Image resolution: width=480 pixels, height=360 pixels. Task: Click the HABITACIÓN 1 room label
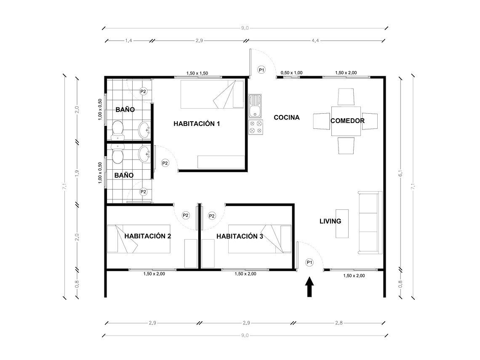(197, 124)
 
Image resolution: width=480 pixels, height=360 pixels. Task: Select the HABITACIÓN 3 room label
(240, 236)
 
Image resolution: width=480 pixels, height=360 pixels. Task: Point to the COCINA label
(287, 117)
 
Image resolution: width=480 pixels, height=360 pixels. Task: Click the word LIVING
(330, 221)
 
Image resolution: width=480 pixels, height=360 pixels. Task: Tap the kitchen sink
(255, 106)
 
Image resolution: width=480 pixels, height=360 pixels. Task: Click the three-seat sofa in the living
(370, 223)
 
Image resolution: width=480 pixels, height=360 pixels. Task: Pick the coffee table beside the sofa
(341, 224)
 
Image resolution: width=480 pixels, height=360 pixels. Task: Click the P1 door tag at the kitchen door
(261, 69)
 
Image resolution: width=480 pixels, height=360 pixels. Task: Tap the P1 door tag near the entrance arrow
(309, 262)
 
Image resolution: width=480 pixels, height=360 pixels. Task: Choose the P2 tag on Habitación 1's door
(165, 163)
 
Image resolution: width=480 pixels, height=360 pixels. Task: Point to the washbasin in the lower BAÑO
(144, 155)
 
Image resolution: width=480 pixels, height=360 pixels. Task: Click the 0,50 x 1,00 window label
(291, 73)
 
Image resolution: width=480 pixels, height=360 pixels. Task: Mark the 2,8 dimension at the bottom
(339, 323)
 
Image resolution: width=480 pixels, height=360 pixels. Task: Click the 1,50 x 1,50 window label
(199, 73)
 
